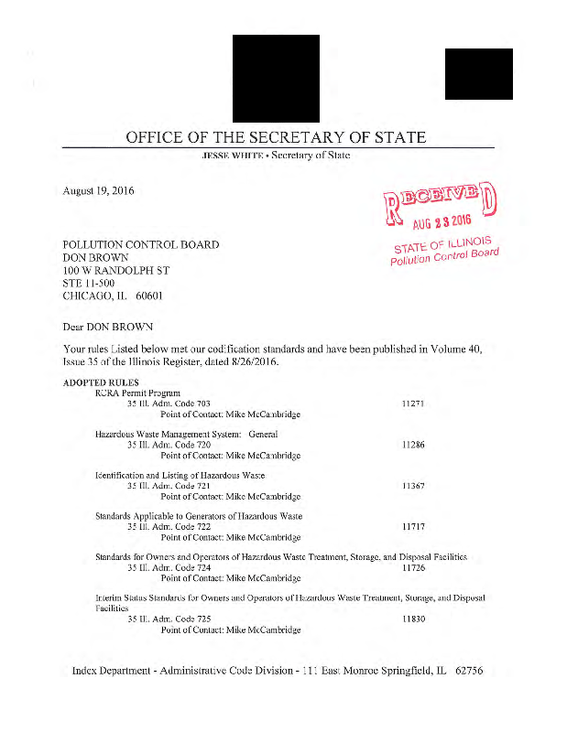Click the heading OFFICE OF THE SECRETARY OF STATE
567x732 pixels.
[276, 138]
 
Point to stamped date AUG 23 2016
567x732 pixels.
[442, 223]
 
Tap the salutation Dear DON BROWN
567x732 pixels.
[107, 326]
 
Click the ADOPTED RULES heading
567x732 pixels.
[101, 382]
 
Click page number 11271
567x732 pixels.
[414, 404]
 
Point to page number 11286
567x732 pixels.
[414, 444]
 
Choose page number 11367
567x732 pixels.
[414, 485]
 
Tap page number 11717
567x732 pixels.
[414, 527]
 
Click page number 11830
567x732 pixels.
[414, 619]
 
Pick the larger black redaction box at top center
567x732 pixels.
[276, 79]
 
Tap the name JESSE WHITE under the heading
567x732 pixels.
[226, 156]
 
